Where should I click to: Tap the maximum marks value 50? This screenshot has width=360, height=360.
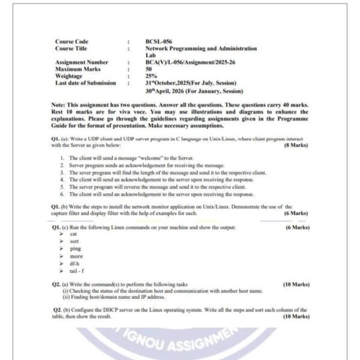(148, 69)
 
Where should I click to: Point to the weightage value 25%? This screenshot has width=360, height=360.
(151, 76)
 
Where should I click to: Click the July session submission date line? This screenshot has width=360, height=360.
(191, 83)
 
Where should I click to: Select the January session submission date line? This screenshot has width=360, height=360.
(194, 91)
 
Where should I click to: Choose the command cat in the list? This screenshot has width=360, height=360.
(73, 234)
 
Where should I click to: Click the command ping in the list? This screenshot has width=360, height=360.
(75, 248)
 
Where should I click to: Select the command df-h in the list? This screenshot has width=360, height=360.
(76, 263)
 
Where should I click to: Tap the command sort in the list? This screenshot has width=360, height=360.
(74, 241)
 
